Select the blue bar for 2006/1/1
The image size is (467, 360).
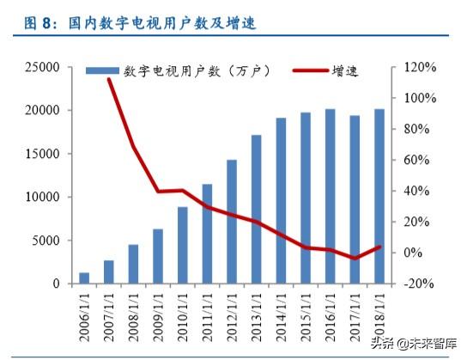click(x=84, y=278)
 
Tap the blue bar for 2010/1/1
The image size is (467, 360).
click(x=183, y=245)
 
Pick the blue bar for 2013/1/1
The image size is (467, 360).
click(x=256, y=209)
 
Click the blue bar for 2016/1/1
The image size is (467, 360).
click(x=330, y=196)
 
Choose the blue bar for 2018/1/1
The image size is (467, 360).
click(x=379, y=196)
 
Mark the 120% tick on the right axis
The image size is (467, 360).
click(x=422, y=67)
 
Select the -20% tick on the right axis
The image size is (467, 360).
click(x=422, y=284)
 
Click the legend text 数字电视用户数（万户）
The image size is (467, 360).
click(x=197, y=71)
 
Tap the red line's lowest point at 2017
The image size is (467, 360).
click(x=355, y=258)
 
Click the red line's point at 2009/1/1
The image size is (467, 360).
click(x=158, y=191)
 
